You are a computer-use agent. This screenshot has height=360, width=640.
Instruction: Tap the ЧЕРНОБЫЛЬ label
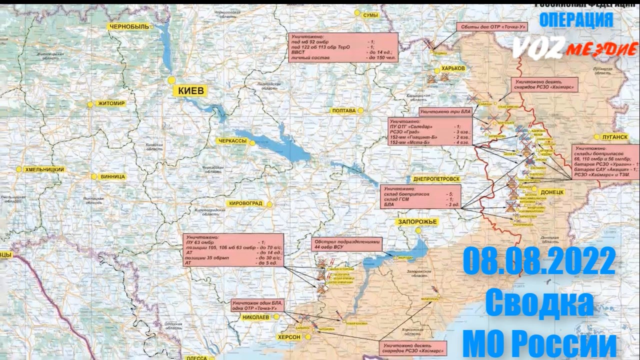pyautogui.click(x=129, y=27)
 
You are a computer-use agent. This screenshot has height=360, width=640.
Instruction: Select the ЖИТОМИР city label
pyautogui.click(x=112, y=103)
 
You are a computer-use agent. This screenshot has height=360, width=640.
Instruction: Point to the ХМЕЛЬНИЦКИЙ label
pyautogui.click(x=44, y=169)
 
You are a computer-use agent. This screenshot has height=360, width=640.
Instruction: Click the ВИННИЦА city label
pyautogui.click(x=112, y=176)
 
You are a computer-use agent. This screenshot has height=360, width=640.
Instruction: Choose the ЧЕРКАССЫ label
pyautogui.click(x=232, y=141)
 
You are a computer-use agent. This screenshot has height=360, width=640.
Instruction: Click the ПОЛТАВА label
pyautogui.click(x=343, y=110)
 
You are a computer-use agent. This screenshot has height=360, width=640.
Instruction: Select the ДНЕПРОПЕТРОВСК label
pyautogui.click(x=436, y=178)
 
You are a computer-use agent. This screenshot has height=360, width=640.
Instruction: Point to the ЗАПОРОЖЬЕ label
pyautogui.click(x=417, y=221)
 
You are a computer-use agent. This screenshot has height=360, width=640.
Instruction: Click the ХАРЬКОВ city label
pyautogui.click(x=453, y=68)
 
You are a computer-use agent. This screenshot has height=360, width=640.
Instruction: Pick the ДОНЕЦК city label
pyautogui.click(x=551, y=191)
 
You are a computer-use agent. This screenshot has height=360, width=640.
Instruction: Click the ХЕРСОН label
pyautogui.click(x=289, y=337)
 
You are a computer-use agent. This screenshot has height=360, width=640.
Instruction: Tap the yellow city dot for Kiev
pyautogui.click(x=172, y=80)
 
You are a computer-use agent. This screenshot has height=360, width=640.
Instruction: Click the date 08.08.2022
pyautogui.click(x=539, y=261)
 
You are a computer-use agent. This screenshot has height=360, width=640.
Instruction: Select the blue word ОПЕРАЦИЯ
pyautogui.click(x=576, y=19)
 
